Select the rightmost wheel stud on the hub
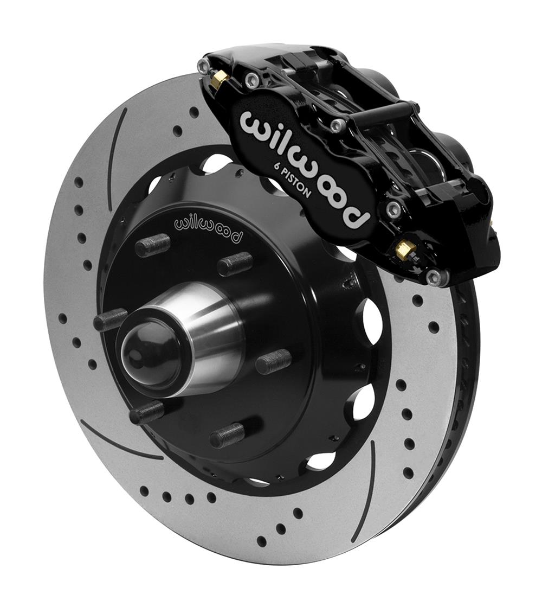tap(273, 361)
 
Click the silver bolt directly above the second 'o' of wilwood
tap(338, 125)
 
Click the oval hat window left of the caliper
tap(217, 163)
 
